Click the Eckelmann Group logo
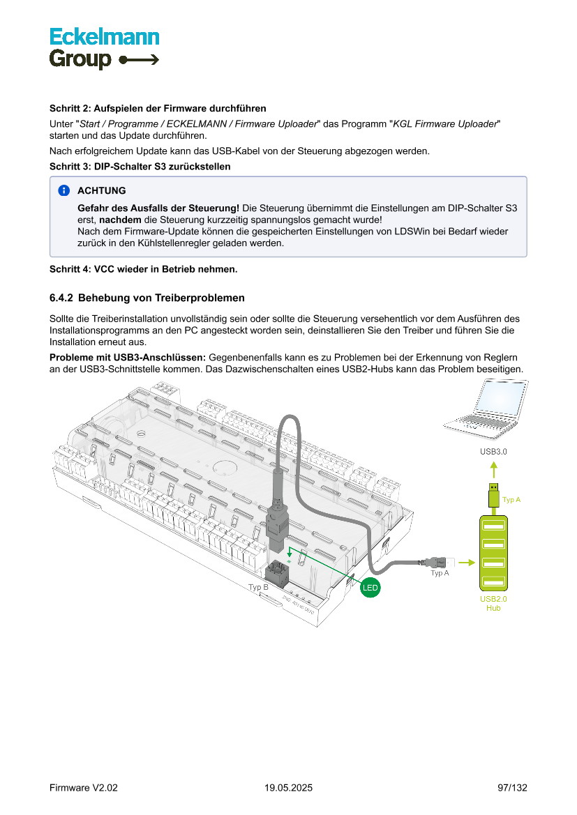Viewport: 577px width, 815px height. pos(104,48)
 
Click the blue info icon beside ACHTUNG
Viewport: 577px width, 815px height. pos(64,190)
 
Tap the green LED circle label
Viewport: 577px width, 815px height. pos(370,588)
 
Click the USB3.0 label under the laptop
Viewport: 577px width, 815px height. pos(493,452)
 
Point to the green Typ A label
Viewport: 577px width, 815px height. pos(512,500)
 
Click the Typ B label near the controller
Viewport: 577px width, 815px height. pos(258,588)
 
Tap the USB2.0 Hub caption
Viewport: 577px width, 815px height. pos(493,604)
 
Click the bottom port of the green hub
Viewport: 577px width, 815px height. pos(493,581)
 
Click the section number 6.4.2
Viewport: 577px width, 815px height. pos(61,298)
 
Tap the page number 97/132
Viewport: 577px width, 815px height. pos(512,788)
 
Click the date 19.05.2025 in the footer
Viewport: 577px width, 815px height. pos(288,788)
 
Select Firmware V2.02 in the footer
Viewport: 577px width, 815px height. pos(84,788)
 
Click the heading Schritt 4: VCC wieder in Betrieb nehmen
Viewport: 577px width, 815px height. pos(143,269)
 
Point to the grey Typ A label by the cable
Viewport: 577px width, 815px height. pos(440,573)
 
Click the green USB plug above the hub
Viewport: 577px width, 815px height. pos(493,495)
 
